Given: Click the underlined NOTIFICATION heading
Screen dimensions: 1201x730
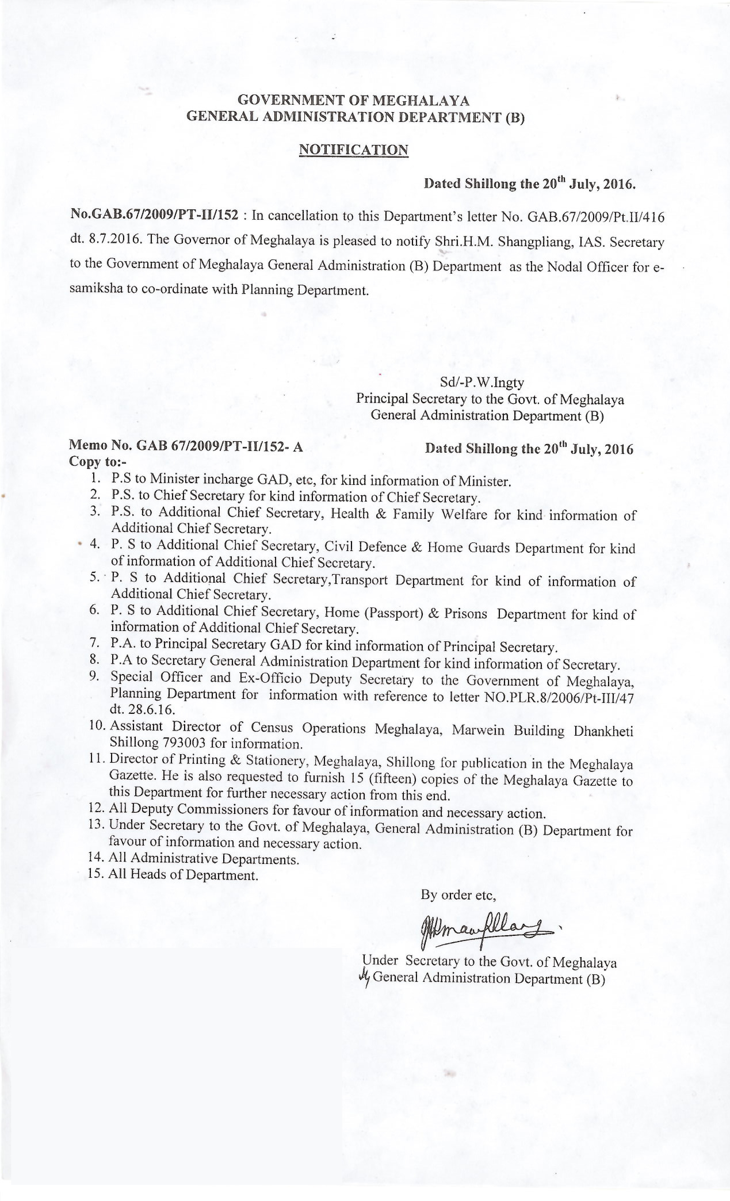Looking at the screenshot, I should click(x=353, y=150).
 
